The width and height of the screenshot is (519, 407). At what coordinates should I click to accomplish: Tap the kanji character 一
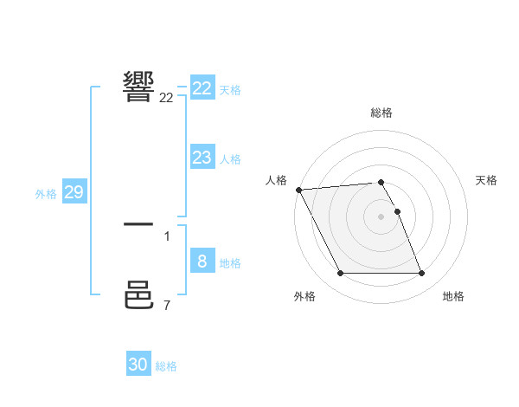pyautogui.click(x=138, y=225)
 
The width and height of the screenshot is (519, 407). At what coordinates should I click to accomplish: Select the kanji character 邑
pyautogui.click(x=138, y=295)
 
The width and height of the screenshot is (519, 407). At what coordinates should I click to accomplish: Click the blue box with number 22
pyautogui.click(x=202, y=88)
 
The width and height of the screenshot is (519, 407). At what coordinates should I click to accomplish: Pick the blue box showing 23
pyautogui.click(x=202, y=158)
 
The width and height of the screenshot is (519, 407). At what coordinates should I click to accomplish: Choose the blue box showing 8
pyautogui.click(x=202, y=262)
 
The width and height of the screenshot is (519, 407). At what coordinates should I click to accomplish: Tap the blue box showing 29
pyautogui.click(x=74, y=192)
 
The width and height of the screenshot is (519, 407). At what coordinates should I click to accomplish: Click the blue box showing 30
pyautogui.click(x=138, y=365)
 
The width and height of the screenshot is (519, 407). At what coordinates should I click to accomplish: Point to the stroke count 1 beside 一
pyautogui.click(x=167, y=236)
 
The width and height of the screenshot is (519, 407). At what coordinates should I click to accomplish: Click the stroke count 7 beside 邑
pyautogui.click(x=167, y=305)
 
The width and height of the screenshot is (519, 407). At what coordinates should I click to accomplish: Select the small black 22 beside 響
pyautogui.click(x=166, y=98)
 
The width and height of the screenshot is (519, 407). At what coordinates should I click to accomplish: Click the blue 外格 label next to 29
pyautogui.click(x=46, y=194)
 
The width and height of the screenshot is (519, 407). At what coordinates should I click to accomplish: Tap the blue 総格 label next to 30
pyautogui.click(x=166, y=366)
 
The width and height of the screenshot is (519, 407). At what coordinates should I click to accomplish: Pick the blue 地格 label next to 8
pyautogui.click(x=230, y=263)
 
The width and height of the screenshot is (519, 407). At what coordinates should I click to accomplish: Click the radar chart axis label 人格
pyautogui.click(x=276, y=180)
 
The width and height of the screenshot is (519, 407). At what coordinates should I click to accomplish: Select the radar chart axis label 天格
pyautogui.click(x=487, y=180)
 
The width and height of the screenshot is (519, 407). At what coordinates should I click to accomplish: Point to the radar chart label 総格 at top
pyautogui.click(x=381, y=113)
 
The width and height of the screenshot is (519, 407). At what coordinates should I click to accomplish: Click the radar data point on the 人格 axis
pyautogui.click(x=298, y=190)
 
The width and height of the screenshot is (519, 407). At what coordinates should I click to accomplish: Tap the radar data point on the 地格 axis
pyautogui.click(x=421, y=274)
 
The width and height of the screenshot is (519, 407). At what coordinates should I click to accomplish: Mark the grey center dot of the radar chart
pyautogui.click(x=381, y=216)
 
